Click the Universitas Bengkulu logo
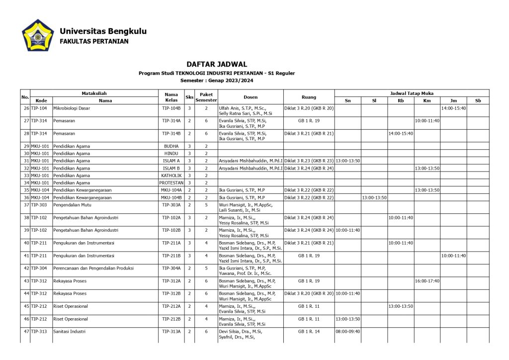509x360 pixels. coord(38,36)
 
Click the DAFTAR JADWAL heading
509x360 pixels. coord(217,64)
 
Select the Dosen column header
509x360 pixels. coord(251,97)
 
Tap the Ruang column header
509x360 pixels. coord(309,97)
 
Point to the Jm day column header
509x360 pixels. coord(453,100)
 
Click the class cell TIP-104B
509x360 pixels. coord(171,108)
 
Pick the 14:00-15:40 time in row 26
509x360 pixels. coord(453,108)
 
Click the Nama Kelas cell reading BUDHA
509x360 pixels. coord(171,146)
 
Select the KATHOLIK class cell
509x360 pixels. coord(171,176)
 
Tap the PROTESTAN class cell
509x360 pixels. coord(171,183)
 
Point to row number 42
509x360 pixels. coord(26,268)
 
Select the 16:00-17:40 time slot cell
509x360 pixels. coord(427,281)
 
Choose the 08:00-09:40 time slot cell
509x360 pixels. coord(348,331)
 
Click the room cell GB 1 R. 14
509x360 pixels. coord(309,331)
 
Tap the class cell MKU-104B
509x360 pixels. coord(171,197)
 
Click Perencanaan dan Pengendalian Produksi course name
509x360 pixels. coord(93,268)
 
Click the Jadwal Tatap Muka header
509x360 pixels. coord(412,93)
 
